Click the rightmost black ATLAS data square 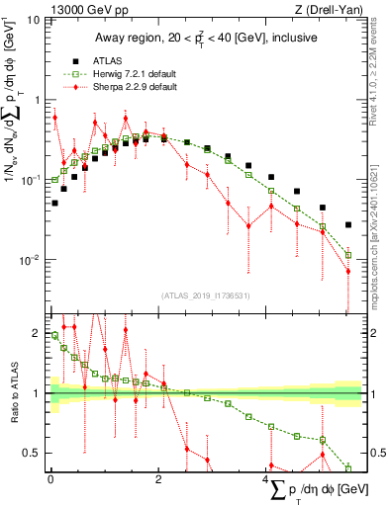click(347, 224)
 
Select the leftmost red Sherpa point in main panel click(55, 118)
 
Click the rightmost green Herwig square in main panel click(347, 254)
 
